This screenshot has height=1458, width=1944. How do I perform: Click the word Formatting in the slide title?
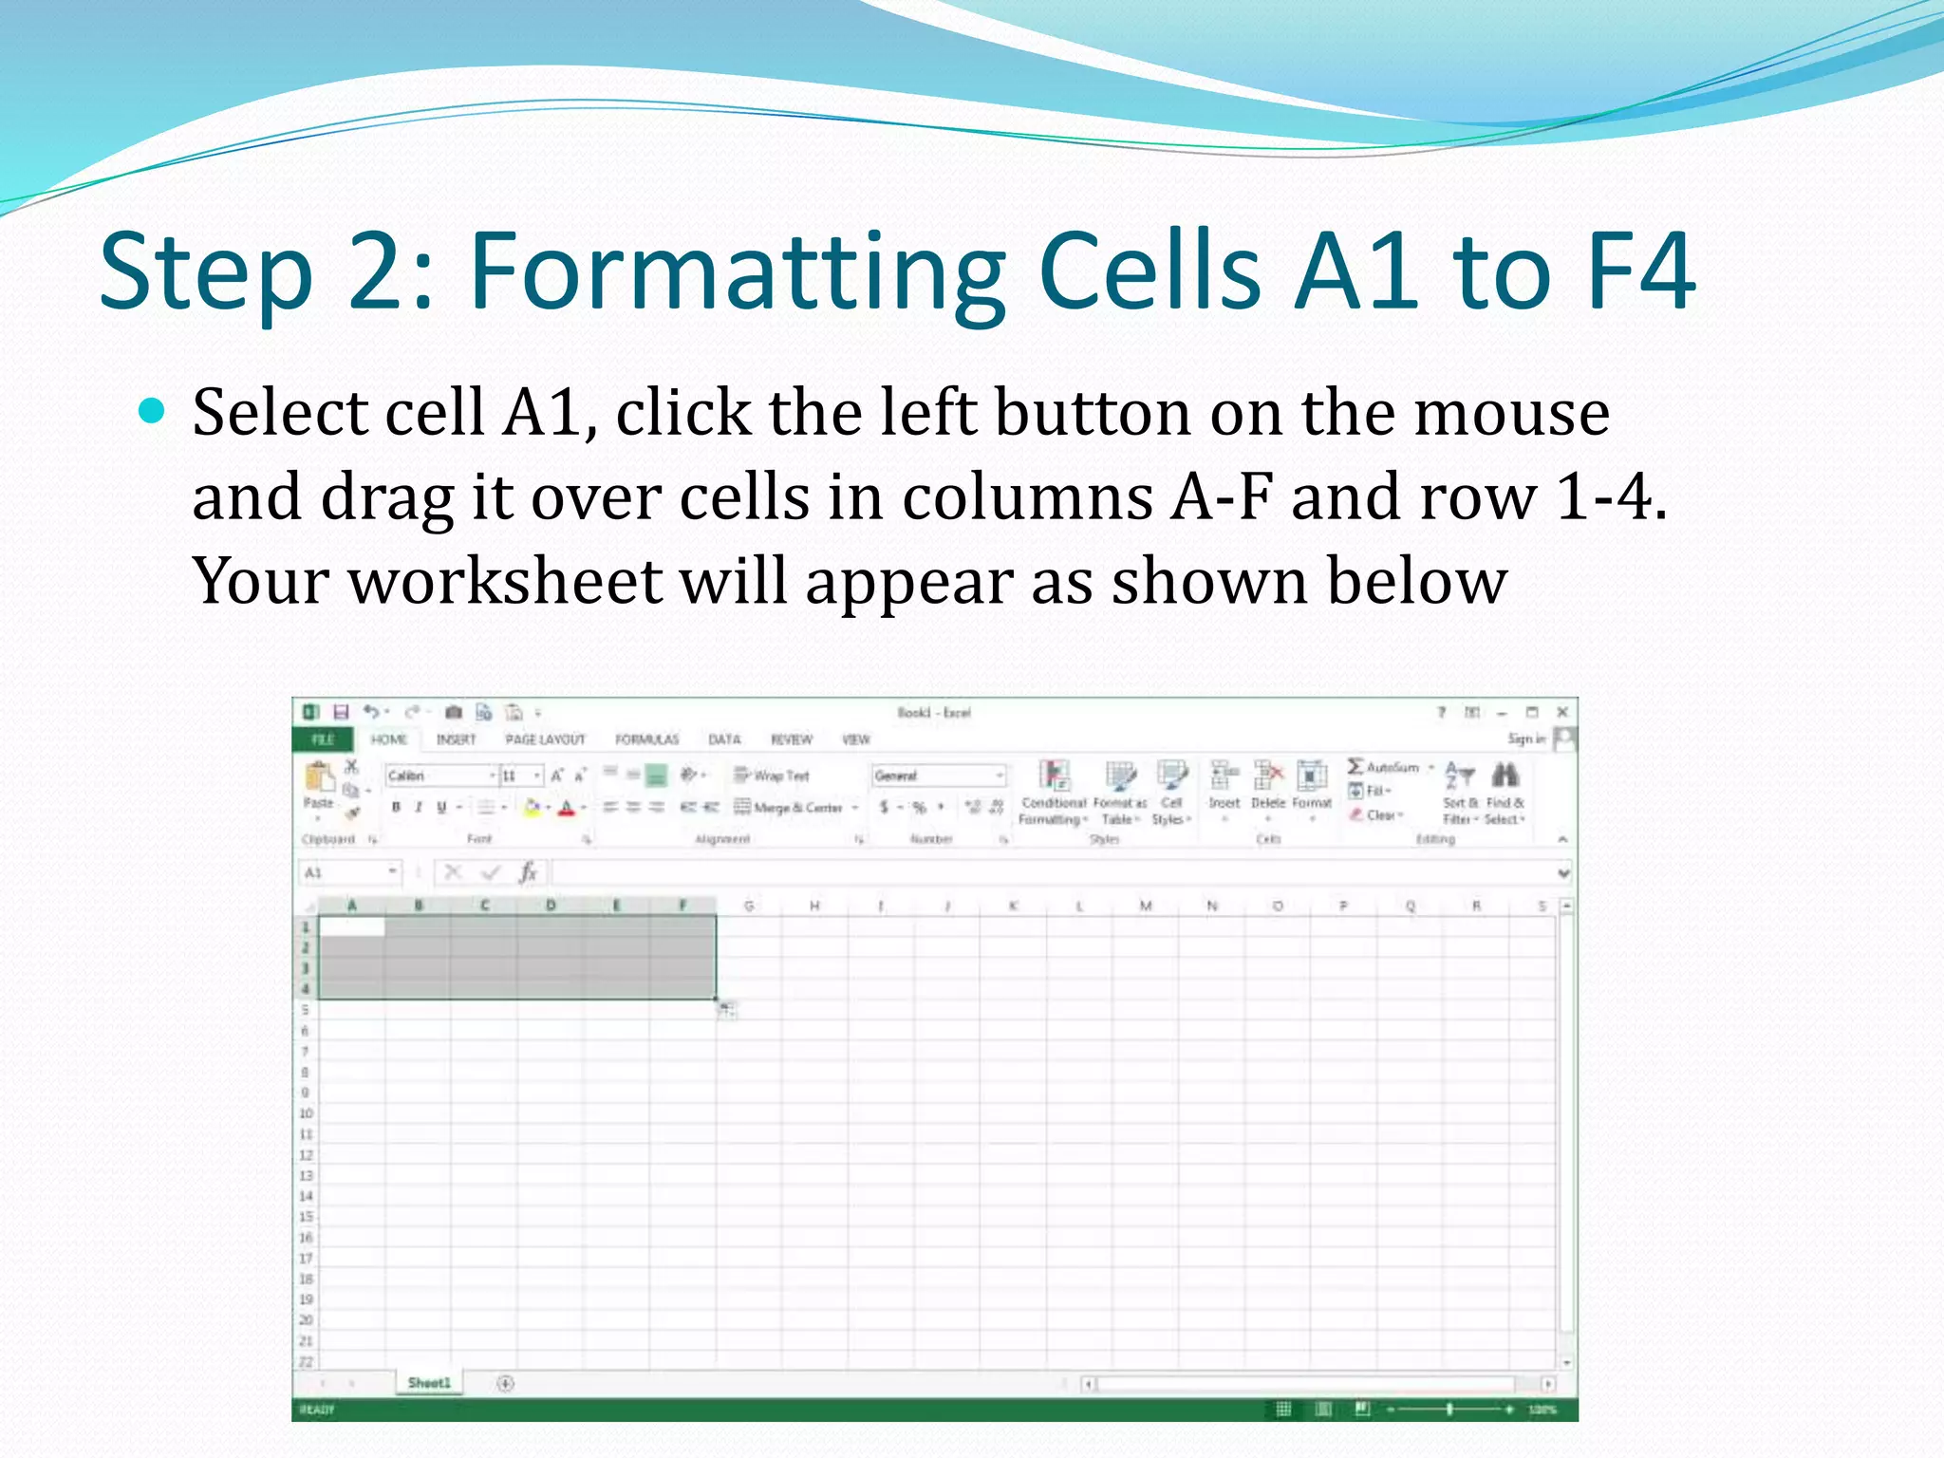[737, 273]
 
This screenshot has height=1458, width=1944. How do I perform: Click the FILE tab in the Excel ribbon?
[323, 739]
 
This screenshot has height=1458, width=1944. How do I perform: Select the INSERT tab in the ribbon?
[456, 739]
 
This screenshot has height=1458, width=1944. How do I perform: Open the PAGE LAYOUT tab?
[545, 739]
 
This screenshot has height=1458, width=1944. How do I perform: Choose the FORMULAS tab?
[646, 739]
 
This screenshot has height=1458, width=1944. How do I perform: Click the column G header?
[749, 907]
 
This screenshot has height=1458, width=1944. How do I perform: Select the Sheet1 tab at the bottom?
[429, 1383]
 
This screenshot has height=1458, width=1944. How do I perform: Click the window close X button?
[1562, 712]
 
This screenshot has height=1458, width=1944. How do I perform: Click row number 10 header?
[306, 1113]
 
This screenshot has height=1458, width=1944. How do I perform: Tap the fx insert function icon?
[528, 872]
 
